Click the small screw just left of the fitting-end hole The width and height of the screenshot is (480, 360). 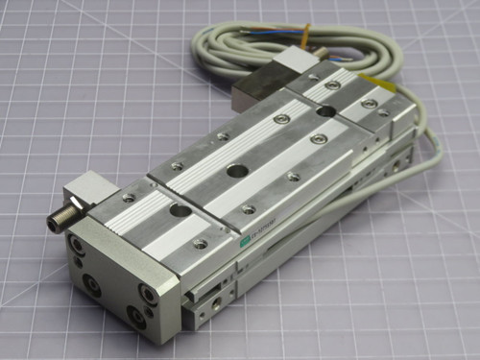tap(130, 199)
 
